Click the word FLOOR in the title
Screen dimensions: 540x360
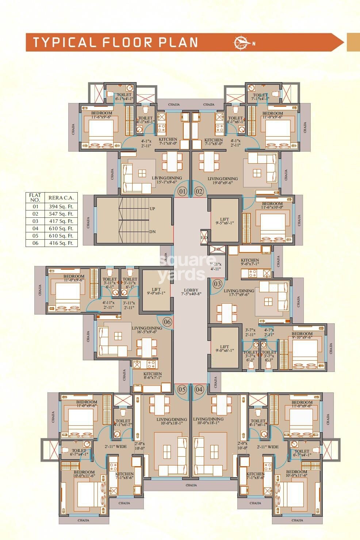pyautogui.click(x=127, y=42)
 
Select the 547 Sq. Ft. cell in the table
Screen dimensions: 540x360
pyautogui.click(x=61, y=214)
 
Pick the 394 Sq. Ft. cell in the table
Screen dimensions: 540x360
pyautogui.click(x=61, y=206)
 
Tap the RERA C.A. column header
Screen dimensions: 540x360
pyautogui.click(x=61, y=198)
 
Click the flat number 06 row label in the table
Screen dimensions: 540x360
pyautogui.click(x=35, y=243)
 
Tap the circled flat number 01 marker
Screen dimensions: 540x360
pyautogui.click(x=182, y=191)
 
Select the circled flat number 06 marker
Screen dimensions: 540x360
pyautogui.click(x=167, y=322)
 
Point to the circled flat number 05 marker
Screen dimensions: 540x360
pyautogui.click(x=182, y=389)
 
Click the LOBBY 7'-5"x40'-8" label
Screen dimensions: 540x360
pyautogui.click(x=191, y=292)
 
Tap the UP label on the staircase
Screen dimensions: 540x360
pyautogui.click(x=152, y=209)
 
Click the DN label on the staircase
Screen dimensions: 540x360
pyautogui.click(x=152, y=232)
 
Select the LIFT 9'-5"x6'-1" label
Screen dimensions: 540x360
pyautogui.click(x=224, y=221)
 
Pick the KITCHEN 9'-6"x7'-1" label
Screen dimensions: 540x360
pyautogui.click(x=250, y=262)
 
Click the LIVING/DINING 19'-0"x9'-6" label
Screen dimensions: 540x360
pyautogui.click(x=222, y=180)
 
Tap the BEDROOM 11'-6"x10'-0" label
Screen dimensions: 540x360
pyautogui.click(x=272, y=205)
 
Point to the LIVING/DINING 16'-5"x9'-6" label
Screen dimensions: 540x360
pyautogui.click(x=147, y=330)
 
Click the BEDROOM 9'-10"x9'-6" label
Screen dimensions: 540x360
pyautogui.click(x=302, y=335)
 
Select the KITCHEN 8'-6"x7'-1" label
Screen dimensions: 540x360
pyautogui.click(x=152, y=376)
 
